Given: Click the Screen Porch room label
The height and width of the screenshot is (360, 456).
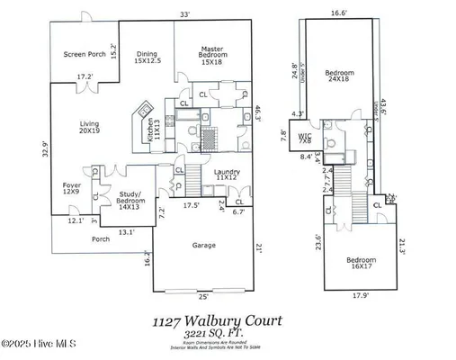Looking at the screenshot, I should (x=85, y=54).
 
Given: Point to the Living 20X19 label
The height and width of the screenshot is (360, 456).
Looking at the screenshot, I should (x=89, y=126).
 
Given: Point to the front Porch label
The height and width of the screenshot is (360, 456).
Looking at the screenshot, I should (x=102, y=238).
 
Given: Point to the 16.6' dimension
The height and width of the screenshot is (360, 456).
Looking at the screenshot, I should (x=338, y=13).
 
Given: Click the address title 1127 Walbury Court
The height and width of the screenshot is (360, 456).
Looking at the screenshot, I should (x=217, y=319).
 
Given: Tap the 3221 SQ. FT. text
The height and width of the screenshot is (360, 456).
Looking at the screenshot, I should (x=216, y=332).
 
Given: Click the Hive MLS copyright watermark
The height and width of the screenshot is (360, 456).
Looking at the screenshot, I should (x=42, y=344).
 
